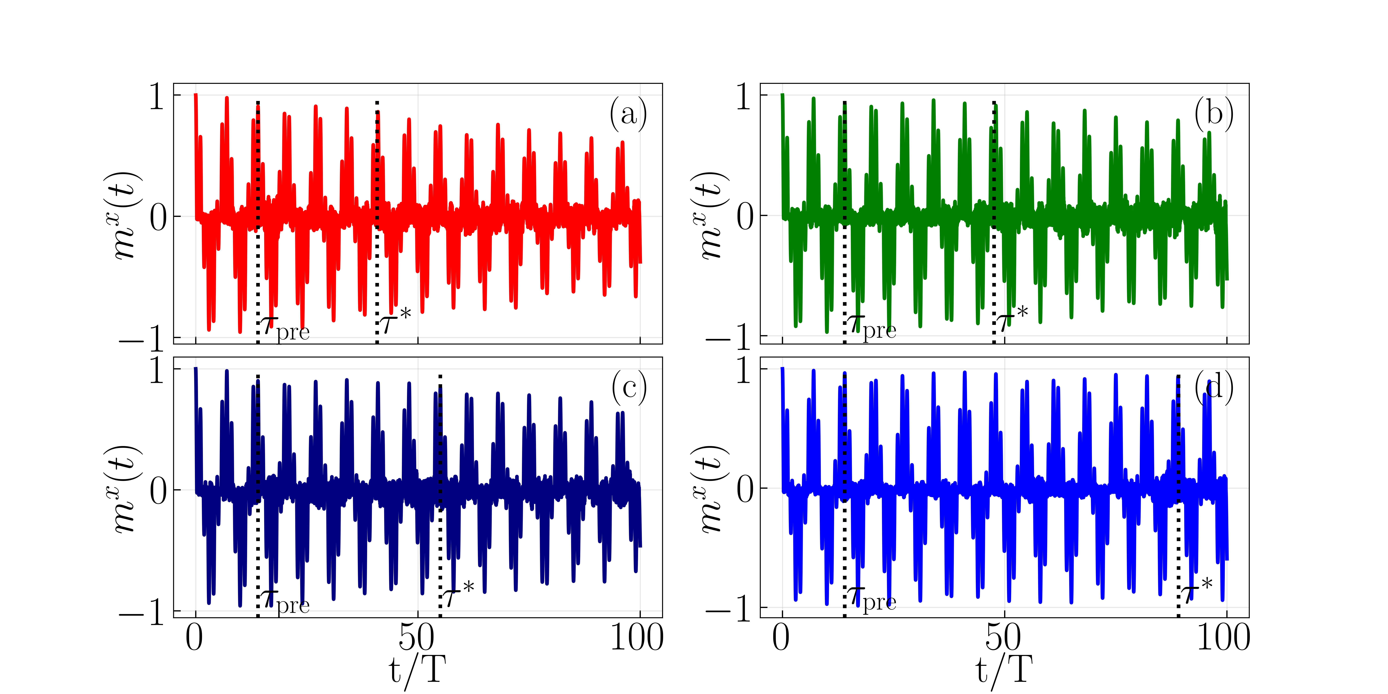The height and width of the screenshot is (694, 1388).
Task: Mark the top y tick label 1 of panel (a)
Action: pos(157,97)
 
